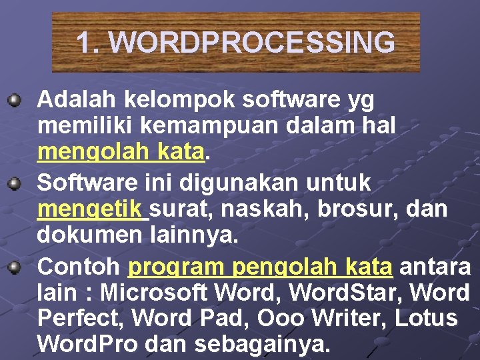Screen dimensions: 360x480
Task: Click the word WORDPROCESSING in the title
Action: tap(252, 43)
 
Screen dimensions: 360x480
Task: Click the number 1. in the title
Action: tap(89, 43)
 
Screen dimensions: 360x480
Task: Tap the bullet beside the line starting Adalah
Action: tap(13, 101)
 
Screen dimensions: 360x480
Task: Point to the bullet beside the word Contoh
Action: tap(13, 267)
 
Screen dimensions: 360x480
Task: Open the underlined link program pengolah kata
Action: tap(260, 267)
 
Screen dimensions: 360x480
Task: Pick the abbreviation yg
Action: tap(361, 101)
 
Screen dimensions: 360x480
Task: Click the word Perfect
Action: tap(80, 318)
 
